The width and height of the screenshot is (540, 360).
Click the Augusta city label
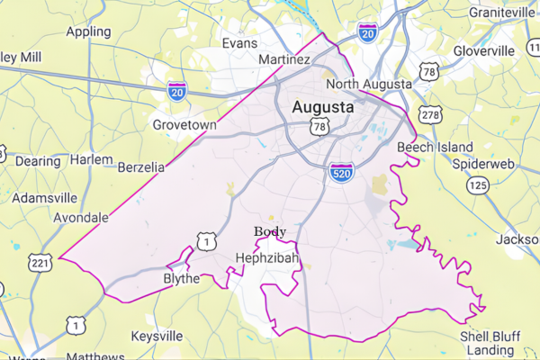pyautogui.click(x=322, y=108)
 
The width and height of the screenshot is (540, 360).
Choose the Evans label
pyautogui.click(x=239, y=42)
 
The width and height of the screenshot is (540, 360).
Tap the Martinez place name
pyautogui.click(x=284, y=60)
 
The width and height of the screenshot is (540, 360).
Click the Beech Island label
pyautogui.click(x=434, y=148)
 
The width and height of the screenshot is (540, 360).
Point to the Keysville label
pyautogui.click(x=157, y=336)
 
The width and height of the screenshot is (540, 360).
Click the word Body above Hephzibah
pyautogui.click(x=270, y=231)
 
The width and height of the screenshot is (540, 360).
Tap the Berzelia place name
pyautogui.click(x=142, y=166)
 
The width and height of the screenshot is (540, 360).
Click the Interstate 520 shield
pyautogui.click(x=339, y=171)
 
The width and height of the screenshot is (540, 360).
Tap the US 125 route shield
pyautogui.click(x=477, y=184)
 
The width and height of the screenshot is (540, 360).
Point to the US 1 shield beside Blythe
pyautogui.click(x=207, y=241)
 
